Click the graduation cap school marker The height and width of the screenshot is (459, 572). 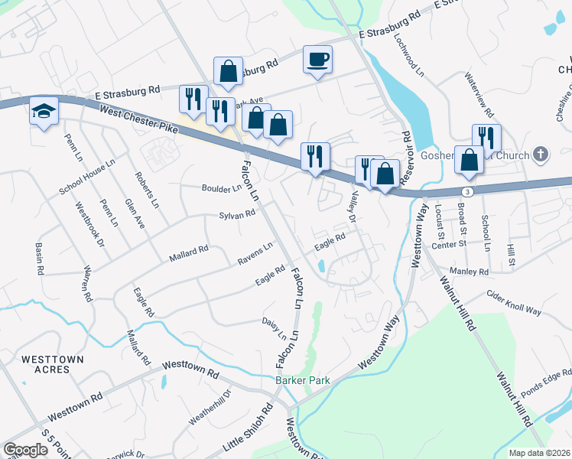44,111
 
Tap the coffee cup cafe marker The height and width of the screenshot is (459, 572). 317,59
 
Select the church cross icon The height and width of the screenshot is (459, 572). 541,155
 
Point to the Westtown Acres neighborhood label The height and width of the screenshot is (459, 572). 45,363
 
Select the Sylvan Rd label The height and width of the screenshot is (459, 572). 236,216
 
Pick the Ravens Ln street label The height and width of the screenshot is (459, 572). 255,251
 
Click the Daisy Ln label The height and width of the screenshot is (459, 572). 274,329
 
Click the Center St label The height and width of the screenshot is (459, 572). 449,244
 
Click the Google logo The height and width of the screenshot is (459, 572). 25,450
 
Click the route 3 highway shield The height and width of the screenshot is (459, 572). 466,189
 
